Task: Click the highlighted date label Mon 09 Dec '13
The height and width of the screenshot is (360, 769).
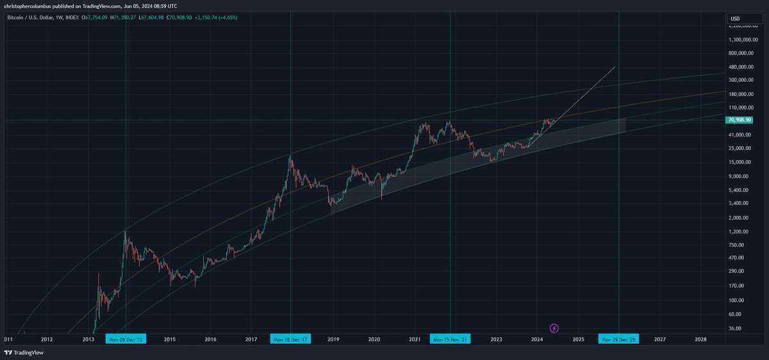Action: tap(126, 339)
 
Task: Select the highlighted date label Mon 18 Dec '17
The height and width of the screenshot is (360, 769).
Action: tap(291, 339)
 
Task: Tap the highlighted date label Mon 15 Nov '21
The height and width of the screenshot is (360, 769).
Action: tap(450, 339)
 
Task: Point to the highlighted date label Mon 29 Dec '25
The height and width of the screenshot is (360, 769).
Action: tap(618, 339)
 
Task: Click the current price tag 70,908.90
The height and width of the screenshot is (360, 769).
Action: tap(740, 120)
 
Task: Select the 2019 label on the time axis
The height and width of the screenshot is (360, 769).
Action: tap(333, 339)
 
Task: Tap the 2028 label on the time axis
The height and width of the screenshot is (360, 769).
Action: tap(700, 339)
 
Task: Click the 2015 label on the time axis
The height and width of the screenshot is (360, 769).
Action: tap(170, 339)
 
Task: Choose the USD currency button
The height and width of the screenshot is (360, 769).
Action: tap(735, 19)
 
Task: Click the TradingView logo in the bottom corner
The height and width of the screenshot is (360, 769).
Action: tap(19, 353)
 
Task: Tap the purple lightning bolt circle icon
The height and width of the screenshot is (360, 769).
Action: tap(554, 328)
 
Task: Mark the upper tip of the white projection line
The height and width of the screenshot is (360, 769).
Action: tap(615, 67)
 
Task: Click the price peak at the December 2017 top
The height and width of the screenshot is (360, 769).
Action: tap(291, 154)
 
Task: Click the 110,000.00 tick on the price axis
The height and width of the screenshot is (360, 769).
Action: tap(741, 108)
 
